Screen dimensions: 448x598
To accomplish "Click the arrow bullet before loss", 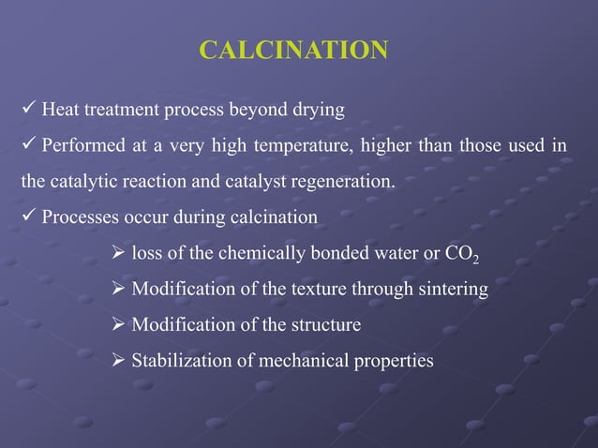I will pyautogui.click(x=118, y=253).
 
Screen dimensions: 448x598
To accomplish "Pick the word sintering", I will pyautogui.click(x=449, y=290).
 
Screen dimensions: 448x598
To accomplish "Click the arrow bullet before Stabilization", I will pyautogui.click(x=118, y=360).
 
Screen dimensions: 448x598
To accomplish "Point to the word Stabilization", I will pyautogui.click(x=181, y=361).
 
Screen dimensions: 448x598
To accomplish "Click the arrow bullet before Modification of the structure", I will pyautogui.click(x=118, y=324).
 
